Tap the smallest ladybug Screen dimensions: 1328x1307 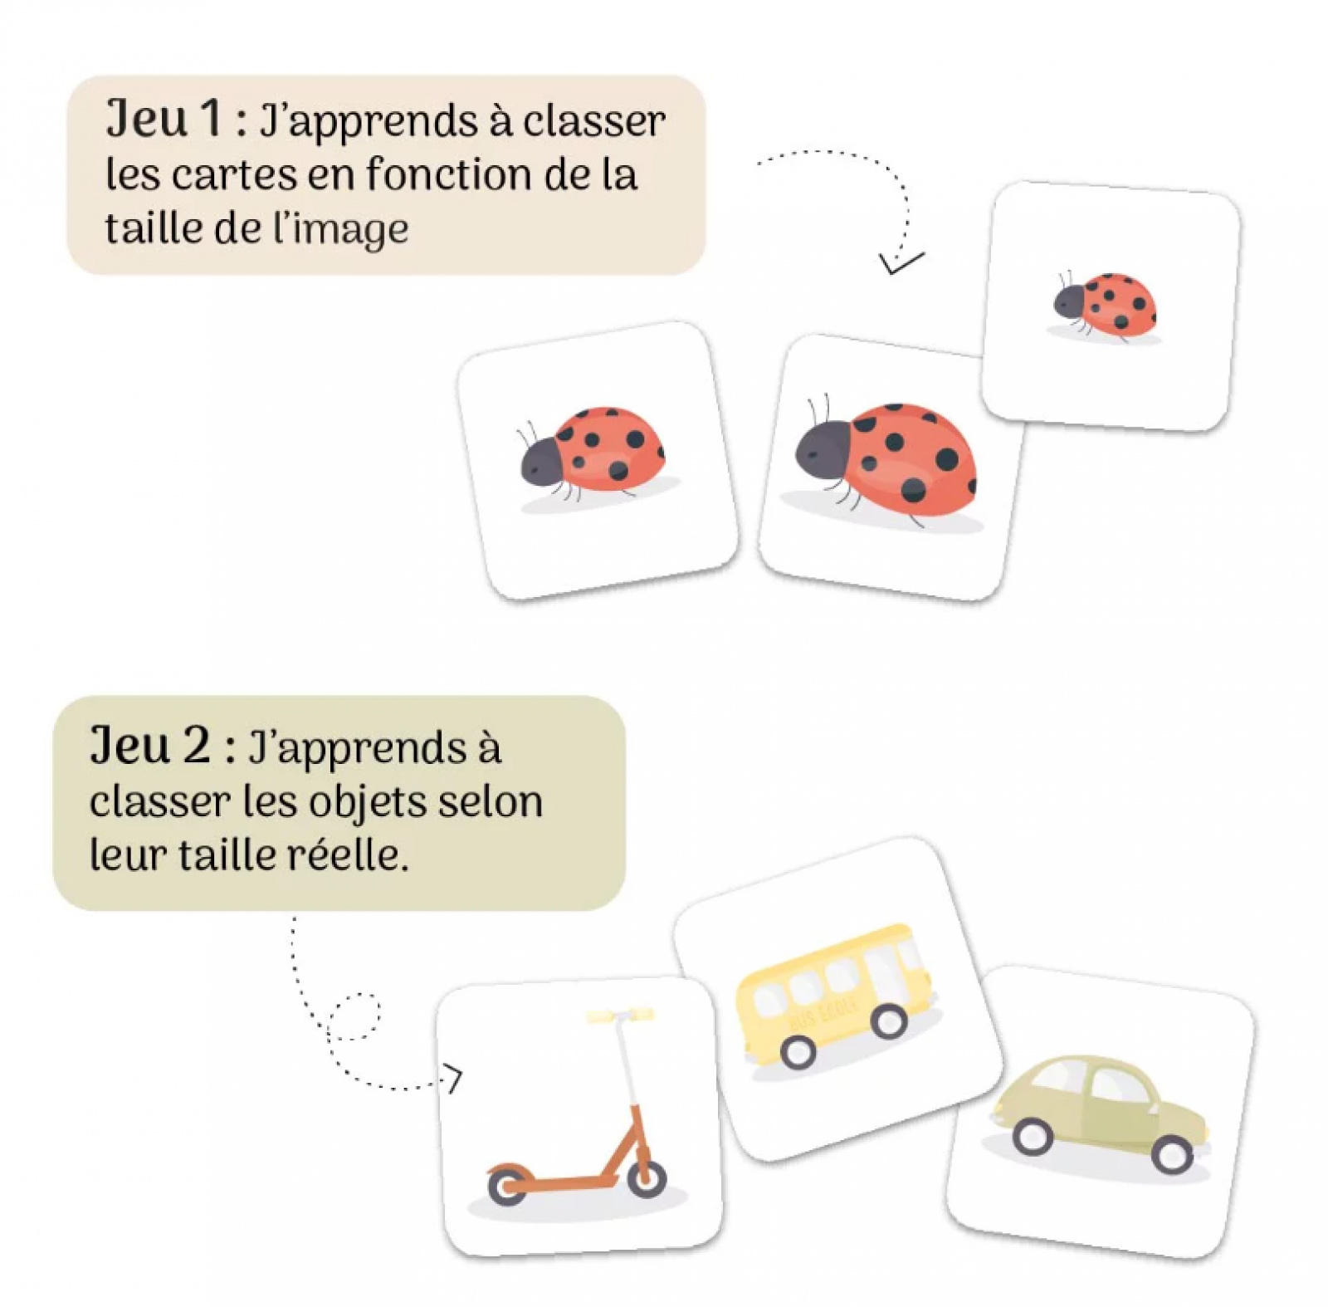[1105, 306]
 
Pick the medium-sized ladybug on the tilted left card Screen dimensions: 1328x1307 [594, 456]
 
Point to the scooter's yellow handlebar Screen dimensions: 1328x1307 [620, 1015]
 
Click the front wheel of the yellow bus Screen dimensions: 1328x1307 [889, 1020]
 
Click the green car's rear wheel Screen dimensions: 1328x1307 [1172, 1153]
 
